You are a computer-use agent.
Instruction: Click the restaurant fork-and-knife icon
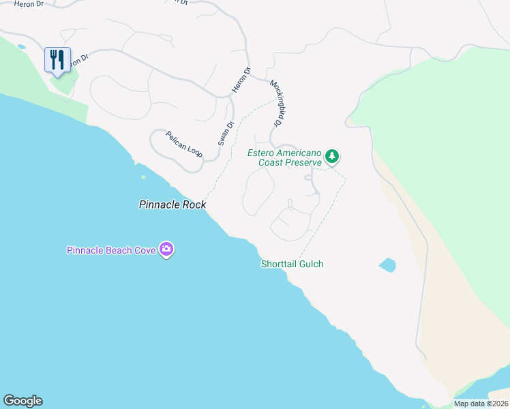click(57, 59)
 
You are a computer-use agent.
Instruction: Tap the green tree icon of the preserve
click(332, 157)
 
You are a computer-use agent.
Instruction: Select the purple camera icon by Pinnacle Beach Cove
click(166, 249)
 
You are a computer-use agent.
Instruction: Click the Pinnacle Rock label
click(172, 204)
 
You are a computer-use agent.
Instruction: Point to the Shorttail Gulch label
click(292, 264)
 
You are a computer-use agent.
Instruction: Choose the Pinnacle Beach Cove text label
click(111, 250)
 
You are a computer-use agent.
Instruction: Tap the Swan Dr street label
click(226, 133)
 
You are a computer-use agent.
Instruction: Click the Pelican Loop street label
click(184, 143)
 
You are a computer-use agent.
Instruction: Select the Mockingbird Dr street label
click(276, 103)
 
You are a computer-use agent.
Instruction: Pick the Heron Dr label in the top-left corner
click(29, 3)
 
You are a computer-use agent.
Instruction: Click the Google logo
click(22, 401)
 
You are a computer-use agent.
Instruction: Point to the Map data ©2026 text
click(481, 404)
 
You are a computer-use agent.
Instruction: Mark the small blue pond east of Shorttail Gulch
click(387, 265)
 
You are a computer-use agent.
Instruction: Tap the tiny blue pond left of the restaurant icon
click(22, 46)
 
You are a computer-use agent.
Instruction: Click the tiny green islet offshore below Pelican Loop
click(143, 177)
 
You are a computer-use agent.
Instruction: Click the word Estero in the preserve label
click(261, 153)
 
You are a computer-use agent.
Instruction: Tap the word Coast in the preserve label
click(270, 162)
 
